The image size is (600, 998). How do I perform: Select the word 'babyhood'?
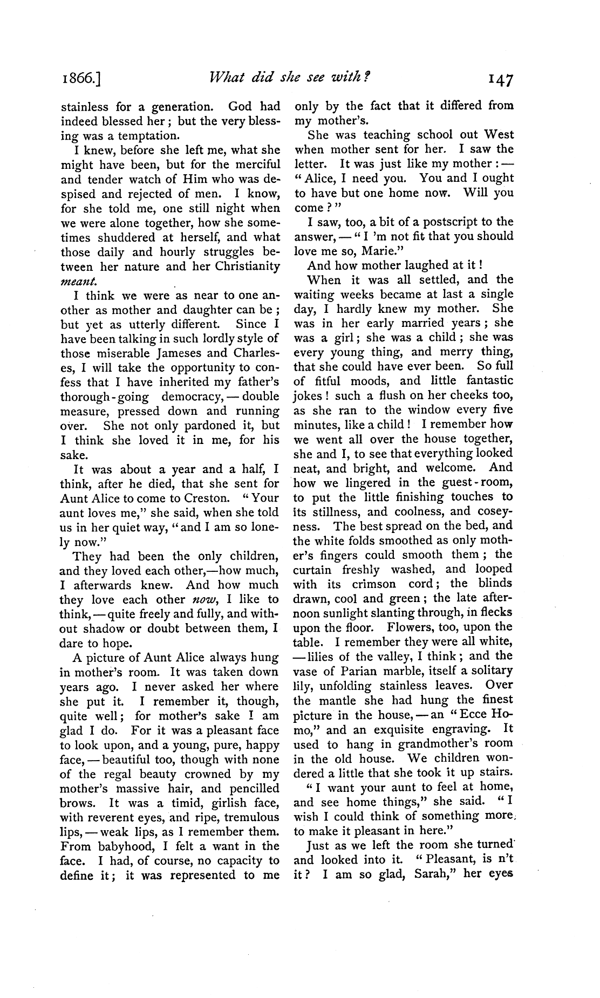point(111,846)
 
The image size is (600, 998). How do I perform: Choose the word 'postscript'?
point(448,222)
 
